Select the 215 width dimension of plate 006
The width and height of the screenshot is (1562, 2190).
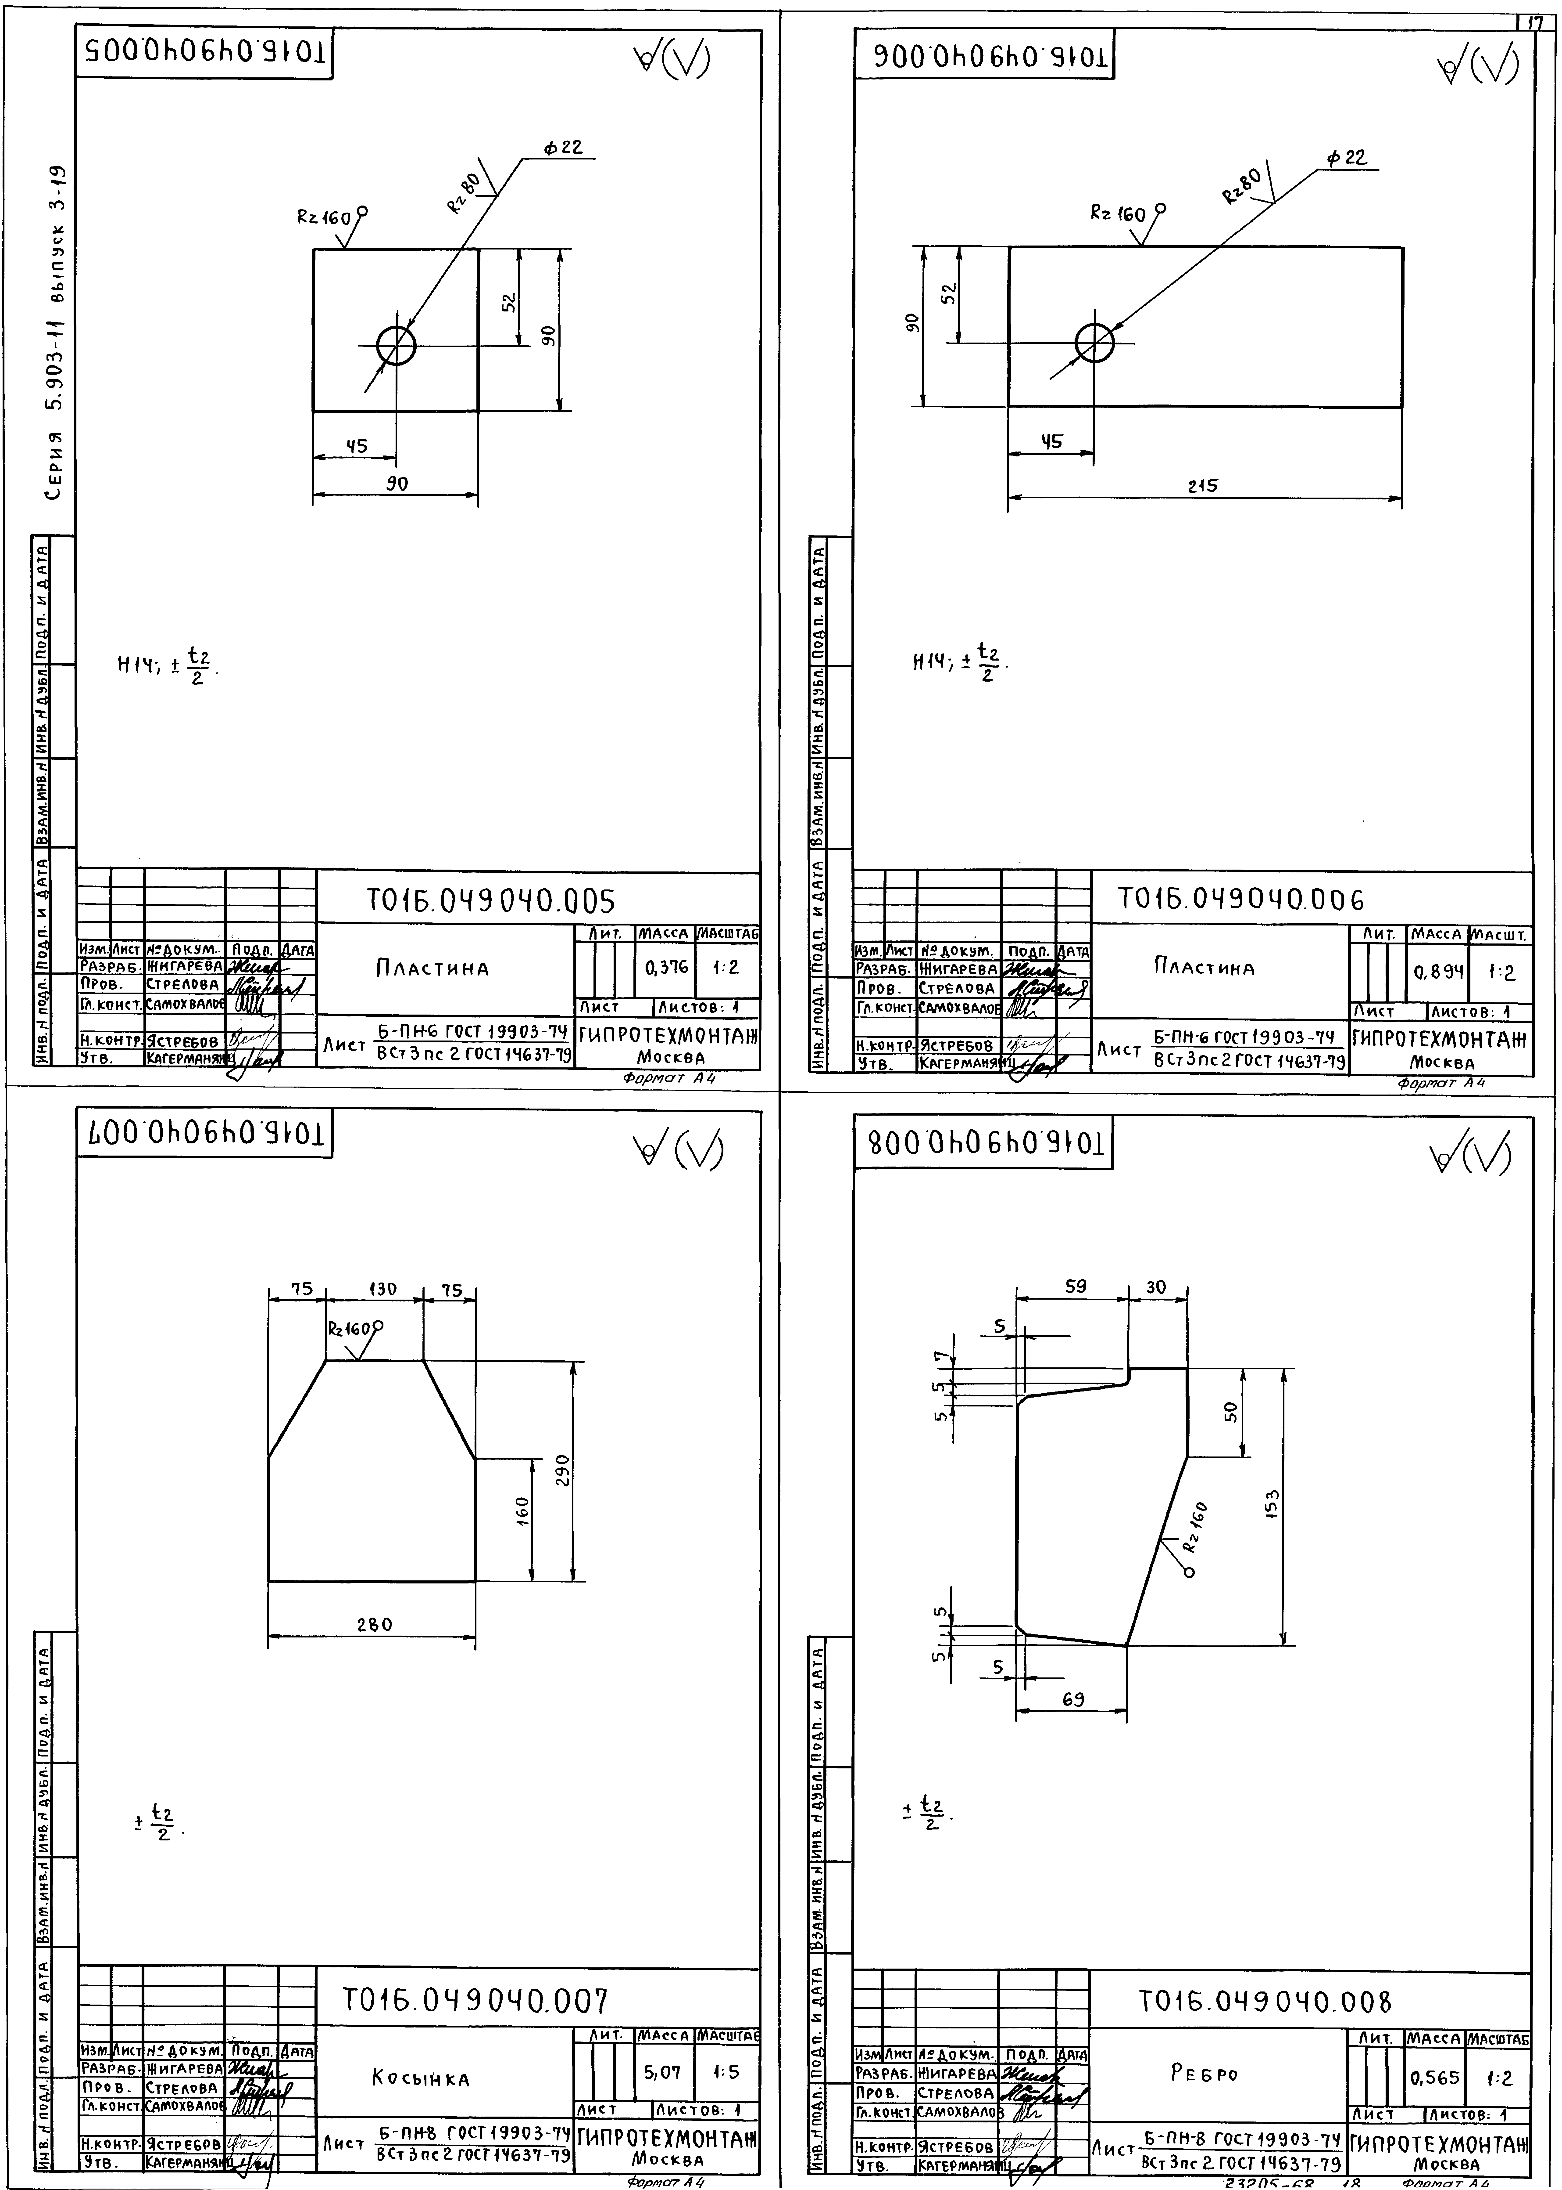[1202, 486]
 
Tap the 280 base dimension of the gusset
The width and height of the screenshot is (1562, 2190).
[374, 1624]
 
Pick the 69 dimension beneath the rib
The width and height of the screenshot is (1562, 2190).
[1073, 1699]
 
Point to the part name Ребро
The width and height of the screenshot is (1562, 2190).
[1204, 2074]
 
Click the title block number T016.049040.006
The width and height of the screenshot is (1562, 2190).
[1241, 900]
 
